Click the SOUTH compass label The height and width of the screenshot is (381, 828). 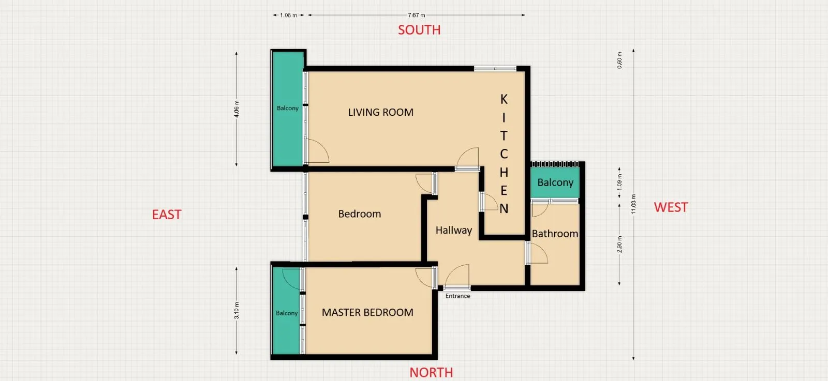[419, 30]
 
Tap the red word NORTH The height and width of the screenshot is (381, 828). [431, 372]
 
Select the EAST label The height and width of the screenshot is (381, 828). [167, 215]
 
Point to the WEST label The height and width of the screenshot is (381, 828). [671, 207]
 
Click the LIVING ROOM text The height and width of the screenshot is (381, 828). [380, 112]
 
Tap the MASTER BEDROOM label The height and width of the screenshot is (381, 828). [367, 312]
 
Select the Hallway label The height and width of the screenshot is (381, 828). [453, 230]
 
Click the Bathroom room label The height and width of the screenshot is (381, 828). [555, 234]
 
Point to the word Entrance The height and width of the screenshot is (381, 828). [457, 296]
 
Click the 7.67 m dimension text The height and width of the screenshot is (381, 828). [416, 15]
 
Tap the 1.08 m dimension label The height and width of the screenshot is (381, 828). [288, 15]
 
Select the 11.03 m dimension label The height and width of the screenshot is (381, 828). [633, 204]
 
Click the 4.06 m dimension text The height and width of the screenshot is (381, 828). [236, 109]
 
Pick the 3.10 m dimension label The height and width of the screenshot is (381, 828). [236, 310]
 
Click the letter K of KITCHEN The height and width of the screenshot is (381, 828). [504, 99]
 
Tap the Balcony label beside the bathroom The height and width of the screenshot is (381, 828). [555, 182]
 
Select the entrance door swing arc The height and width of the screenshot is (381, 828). [457, 274]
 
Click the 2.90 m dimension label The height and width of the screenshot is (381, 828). [619, 244]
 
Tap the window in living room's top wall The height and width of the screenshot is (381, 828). [495, 68]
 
